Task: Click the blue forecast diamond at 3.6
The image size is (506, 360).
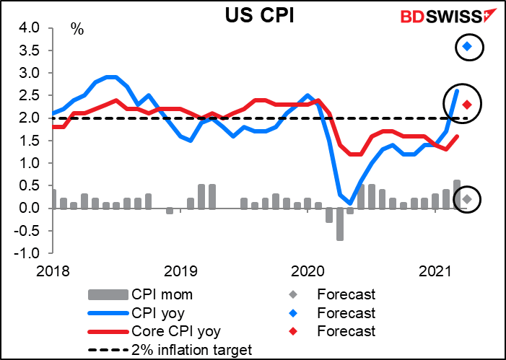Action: [467, 47]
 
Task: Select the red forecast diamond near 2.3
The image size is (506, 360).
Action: [467, 105]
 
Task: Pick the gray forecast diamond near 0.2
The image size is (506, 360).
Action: [467, 199]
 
